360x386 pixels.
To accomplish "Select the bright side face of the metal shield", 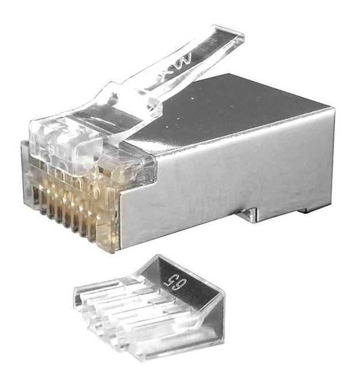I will tap(230, 173).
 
